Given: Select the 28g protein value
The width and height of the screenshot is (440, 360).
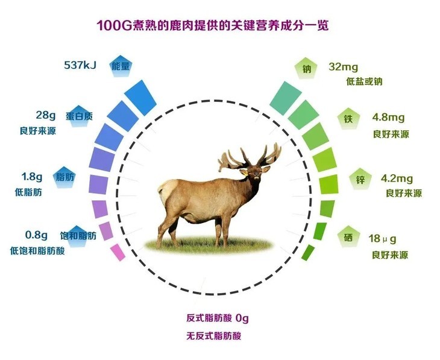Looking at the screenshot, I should click(46, 115).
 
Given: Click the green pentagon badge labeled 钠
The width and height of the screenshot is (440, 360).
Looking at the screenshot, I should click(307, 68).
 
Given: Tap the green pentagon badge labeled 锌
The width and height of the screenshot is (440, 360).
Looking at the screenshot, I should click(360, 179).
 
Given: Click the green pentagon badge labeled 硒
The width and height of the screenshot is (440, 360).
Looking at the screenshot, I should click(348, 239).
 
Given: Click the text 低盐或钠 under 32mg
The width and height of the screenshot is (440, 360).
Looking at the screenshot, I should click(364, 81).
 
